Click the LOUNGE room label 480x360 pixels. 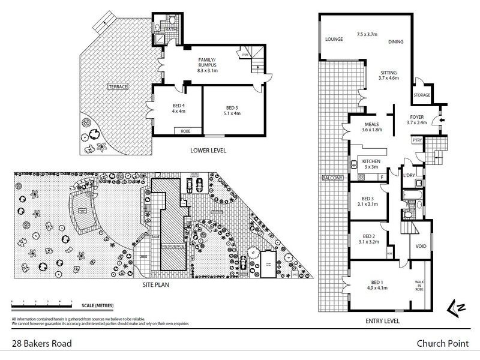334,40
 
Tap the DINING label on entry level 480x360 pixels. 395,42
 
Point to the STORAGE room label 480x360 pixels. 422,95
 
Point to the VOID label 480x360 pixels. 421,246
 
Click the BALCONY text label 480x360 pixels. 332,178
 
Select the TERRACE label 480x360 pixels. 118,87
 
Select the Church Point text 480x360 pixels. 443,344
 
